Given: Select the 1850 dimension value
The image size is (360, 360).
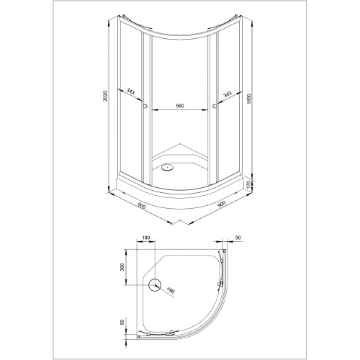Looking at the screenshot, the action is tap(249, 99).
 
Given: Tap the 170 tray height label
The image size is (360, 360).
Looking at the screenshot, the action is tap(248, 184).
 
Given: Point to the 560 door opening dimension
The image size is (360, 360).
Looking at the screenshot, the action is tap(180, 106).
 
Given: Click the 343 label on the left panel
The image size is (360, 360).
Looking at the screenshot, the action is tap(131, 91).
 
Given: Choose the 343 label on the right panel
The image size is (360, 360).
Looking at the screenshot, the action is tap(227, 94).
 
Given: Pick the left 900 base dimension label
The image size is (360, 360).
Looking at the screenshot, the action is tap(141, 205).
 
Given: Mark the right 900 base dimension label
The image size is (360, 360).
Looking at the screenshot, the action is tap(221, 204).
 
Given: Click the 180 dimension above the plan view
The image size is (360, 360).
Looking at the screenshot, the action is tap(146, 238).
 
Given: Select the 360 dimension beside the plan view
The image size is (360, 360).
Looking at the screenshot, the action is tap(122, 267).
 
